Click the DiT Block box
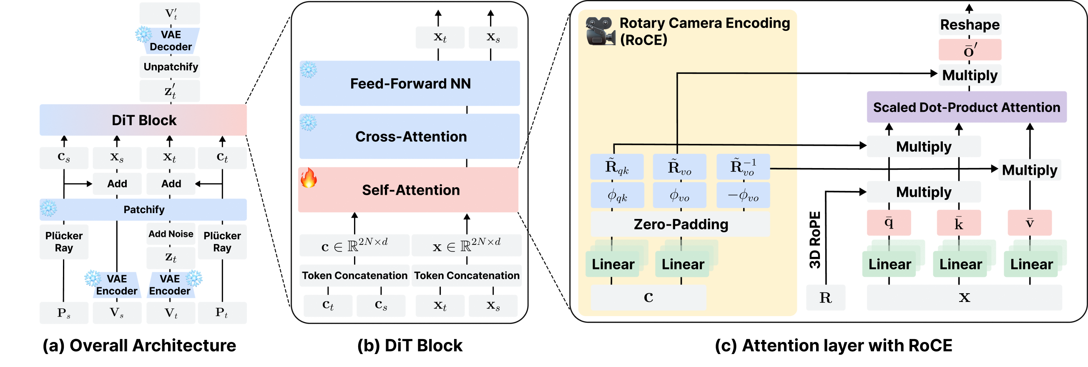(143, 120)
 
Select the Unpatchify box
(170, 67)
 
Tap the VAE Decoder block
(171, 41)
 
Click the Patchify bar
(143, 209)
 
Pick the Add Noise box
(171, 234)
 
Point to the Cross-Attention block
(410, 136)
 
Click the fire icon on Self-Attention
(309, 178)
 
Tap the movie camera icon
(600, 31)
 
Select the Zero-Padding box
(681, 224)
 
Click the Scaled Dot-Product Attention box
(966, 107)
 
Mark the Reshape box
(970, 25)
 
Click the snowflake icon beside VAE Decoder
(143, 34)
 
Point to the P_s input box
(64, 313)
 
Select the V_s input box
(117, 313)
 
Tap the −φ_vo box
(743, 196)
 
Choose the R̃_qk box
(617, 167)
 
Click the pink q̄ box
(889, 223)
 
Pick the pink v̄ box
(1030, 223)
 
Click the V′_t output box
(170, 13)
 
